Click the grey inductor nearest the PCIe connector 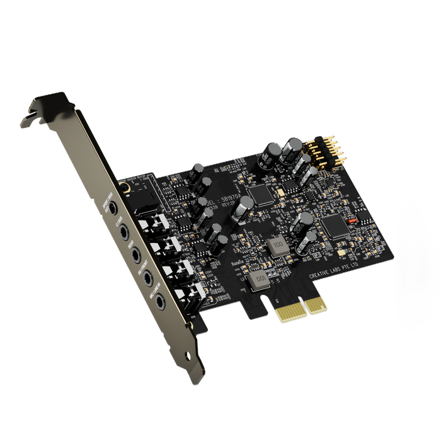click(x=256, y=281)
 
